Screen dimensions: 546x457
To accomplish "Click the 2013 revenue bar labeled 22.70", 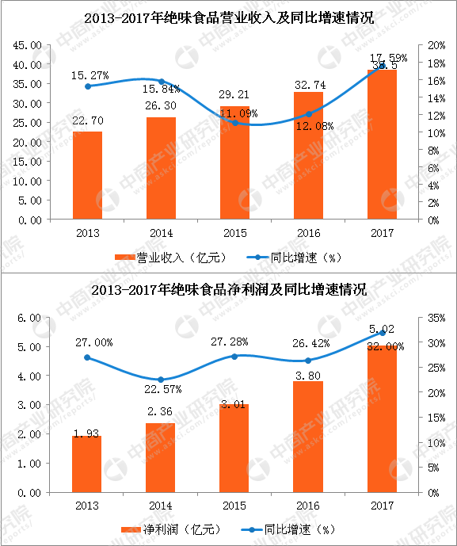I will [x=87, y=174].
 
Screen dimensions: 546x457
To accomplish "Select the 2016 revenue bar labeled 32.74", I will [x=308, y=155].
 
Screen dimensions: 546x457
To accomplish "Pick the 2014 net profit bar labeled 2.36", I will [x=161, y=457].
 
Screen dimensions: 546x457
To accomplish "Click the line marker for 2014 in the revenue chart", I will [x=161, y=82].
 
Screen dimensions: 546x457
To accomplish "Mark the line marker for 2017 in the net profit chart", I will [x=382, y=333].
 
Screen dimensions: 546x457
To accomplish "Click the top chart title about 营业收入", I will [x=228, y=15].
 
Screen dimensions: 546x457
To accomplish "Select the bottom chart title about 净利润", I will [x=228, y=291].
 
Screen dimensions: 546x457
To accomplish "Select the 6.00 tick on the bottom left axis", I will [x=30, y=318].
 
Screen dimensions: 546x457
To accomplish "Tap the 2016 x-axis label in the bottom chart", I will [x=308, y=505].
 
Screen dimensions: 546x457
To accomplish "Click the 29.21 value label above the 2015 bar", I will [x=234, y=94].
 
